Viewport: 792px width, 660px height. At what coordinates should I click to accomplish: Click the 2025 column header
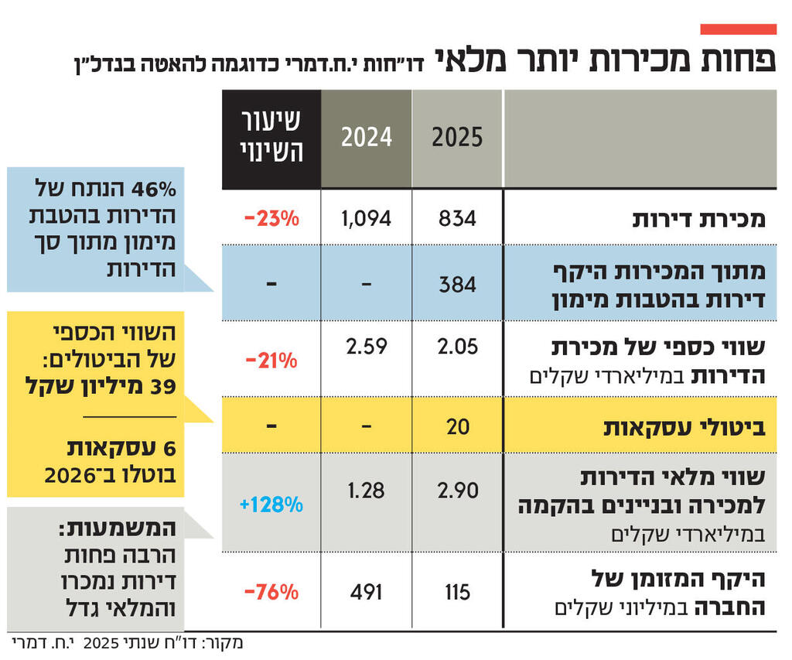pos(457,138)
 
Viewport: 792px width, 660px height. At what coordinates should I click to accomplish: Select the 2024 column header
pos(367,138)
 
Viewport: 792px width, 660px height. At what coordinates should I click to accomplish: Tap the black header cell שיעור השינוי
pos(271,138)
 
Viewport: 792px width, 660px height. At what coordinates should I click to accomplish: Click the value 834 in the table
pos(457,219)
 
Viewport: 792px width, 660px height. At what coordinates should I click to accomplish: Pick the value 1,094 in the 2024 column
pos(367,219)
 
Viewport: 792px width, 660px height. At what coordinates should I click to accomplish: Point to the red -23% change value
pos(271,219)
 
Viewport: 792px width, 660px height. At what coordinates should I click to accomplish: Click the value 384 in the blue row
pos(457,285)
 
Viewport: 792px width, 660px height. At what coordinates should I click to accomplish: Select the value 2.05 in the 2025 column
pos(457,346)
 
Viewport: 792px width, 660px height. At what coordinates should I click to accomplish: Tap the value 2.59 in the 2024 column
pos(367,346)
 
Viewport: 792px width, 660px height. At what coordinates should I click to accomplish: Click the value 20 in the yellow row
pos(458,426)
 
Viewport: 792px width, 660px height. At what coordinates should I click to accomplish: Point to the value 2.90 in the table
pos(457,491)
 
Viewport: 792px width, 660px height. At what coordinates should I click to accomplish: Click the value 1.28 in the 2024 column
pos(367,491)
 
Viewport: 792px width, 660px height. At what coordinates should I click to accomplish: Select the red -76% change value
pos(271,593)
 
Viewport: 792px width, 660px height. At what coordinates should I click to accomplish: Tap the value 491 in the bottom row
pos(367,593)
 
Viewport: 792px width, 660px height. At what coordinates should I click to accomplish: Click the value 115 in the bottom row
pos(457,593)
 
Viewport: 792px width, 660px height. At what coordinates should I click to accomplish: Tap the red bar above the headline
pos(738,29)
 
